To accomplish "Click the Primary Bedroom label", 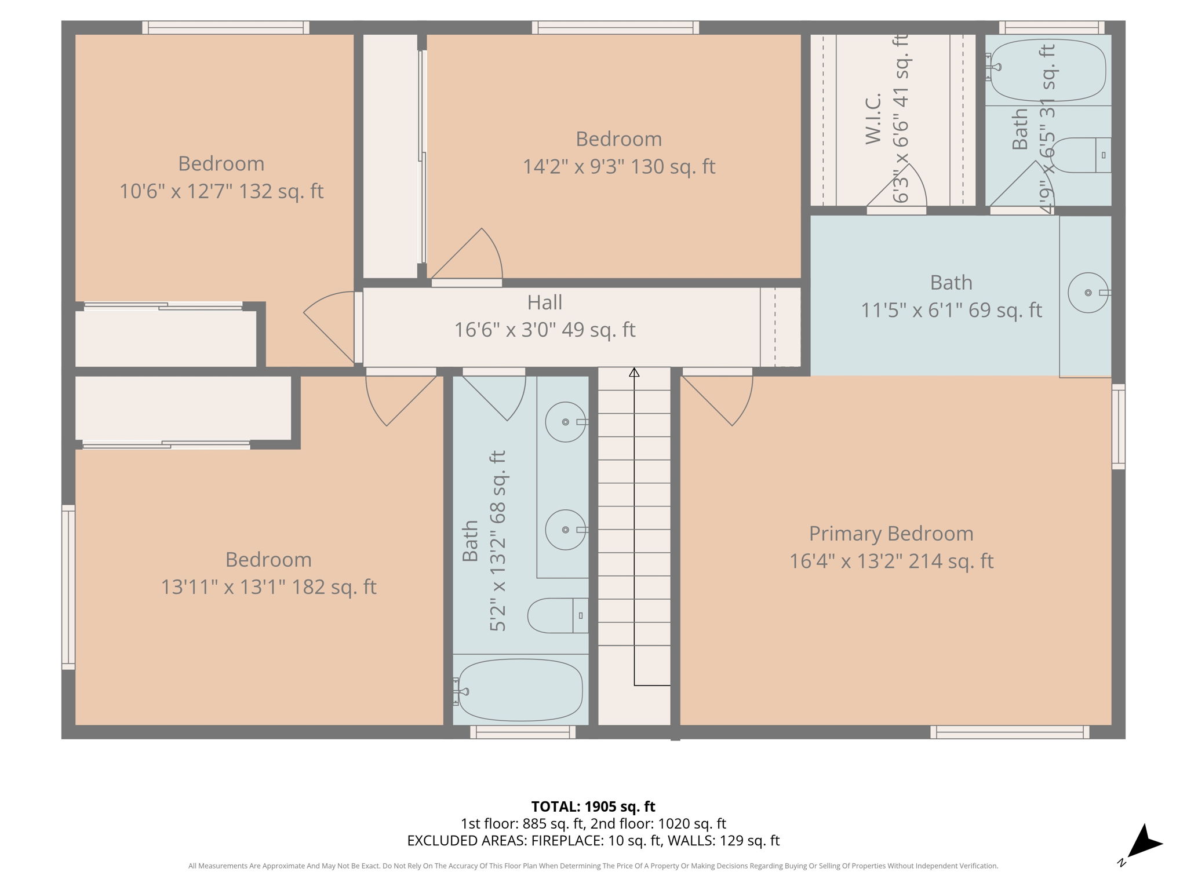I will [x=891, y=534].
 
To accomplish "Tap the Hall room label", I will [x=544, y=302].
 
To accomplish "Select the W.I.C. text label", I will [x=873, y=119].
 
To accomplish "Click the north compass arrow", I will [x=1144, y=844].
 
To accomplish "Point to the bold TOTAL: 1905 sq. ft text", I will [x=593, y=807].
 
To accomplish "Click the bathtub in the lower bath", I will [x=520, y=691].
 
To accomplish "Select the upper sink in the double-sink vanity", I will [x=565, y=422].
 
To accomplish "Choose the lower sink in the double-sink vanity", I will [x=565, y=530].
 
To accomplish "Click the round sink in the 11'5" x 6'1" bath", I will [x=1088, y=293].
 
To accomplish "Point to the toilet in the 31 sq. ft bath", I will [x=1081, y=155].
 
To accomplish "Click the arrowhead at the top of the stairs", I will [x=634, y=373].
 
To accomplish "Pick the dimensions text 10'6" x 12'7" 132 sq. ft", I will [x=221, y=191].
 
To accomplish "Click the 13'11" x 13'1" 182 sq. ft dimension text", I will [x=268, y=587].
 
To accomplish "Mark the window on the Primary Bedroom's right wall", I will [x=1118, y=426].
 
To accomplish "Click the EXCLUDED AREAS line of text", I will [x=593, y=841].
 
